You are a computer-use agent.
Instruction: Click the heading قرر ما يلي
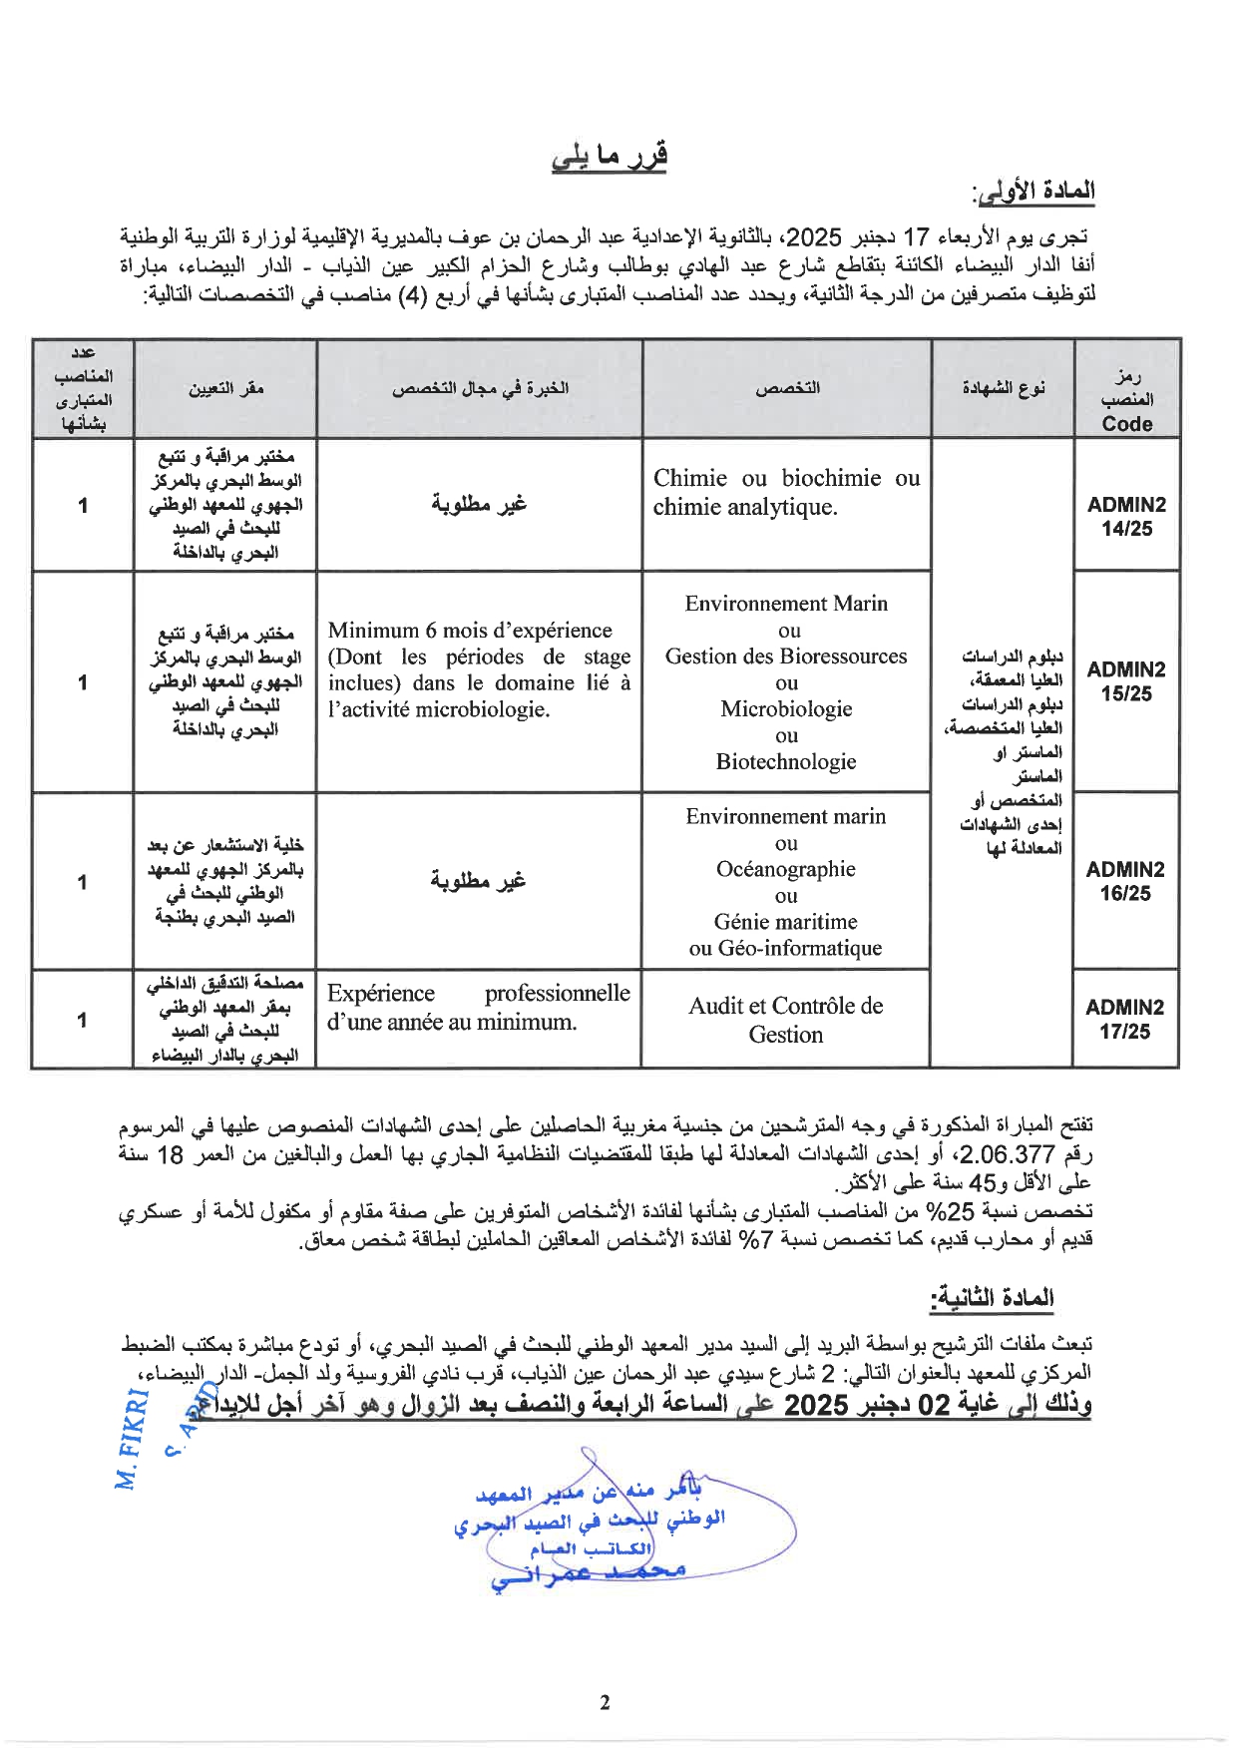click(609, 157)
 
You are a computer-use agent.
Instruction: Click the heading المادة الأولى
click(1033, 191)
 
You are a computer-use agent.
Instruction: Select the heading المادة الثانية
click(992, 1298)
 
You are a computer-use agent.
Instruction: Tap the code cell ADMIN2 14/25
click(1126, 517)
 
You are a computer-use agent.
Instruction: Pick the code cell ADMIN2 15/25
click(1126, 681)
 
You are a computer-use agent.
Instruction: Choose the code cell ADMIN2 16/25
click(1125, 881)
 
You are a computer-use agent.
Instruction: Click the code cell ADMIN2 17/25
click(1124, 1020)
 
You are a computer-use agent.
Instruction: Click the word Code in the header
click(1127, 424)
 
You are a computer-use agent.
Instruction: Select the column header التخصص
click(787, 388)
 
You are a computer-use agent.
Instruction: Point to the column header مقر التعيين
click(226, 388)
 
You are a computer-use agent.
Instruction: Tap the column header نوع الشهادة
click(1003, 388)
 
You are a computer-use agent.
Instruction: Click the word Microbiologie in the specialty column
click(786, 709)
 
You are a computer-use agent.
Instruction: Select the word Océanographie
click(786, 869)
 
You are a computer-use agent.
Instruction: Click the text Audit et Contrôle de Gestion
click(786, 1020)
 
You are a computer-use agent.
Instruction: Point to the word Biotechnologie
click(786, 762)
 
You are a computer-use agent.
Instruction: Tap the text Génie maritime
click(786, 922)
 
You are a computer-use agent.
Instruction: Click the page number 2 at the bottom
click(605, 1703)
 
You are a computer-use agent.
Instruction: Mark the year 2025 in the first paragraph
click(814, 237)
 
